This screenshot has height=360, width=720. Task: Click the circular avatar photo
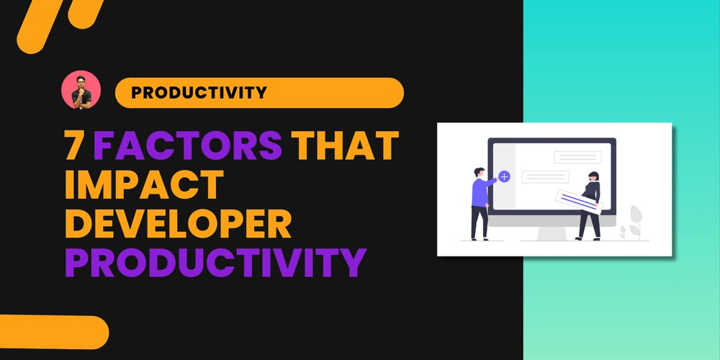pyautogui.click(x=81, y=90)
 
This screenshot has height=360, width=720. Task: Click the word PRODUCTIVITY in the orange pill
pyautogui.click(x=199, y=92)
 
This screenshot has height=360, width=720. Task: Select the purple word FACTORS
pyautogui.click(x=187, y=146)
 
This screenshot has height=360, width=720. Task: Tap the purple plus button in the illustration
pyautogui.click(x=504, y=175)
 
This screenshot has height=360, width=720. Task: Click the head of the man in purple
pyautogui.click(x=479, y=173)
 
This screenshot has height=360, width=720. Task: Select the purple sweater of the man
pyautogui.click(x=480, y=192)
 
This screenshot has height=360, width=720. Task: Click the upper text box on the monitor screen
pyautogui.click(x=577, y=157)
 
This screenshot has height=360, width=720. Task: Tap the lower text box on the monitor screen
pyautogui.click(x=545, y=176)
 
